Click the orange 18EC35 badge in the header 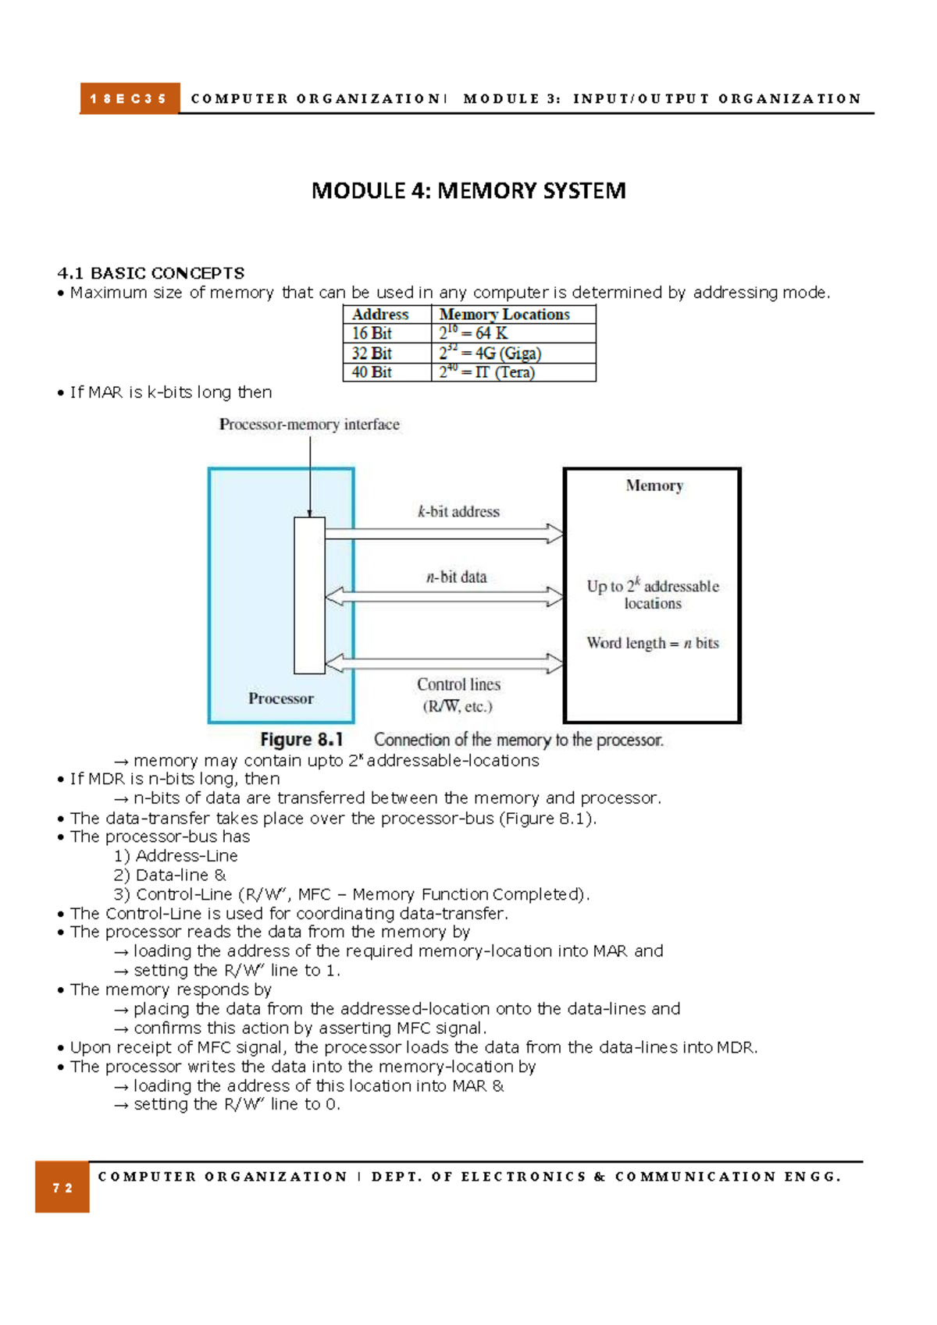(130, 99)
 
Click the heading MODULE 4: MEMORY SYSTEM (468, 191)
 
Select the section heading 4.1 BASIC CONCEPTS (151, 273)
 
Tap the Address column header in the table (380, 314)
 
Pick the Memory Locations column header (504, 314)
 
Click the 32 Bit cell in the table (372, 353)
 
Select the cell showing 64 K (474, 333)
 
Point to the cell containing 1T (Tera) (487, 372)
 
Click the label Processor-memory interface (309, 424)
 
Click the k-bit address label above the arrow (458, 512)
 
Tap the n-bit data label (456, 577)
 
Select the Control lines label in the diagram (458, 684)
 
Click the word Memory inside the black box (654, 485)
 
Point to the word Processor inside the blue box (281, 698)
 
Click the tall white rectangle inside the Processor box (309, 595)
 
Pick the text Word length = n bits (653, 643)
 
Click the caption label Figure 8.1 (301, 740)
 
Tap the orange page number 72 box (62, 1188)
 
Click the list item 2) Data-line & (169, 876)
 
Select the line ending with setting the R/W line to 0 (227, 1105)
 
